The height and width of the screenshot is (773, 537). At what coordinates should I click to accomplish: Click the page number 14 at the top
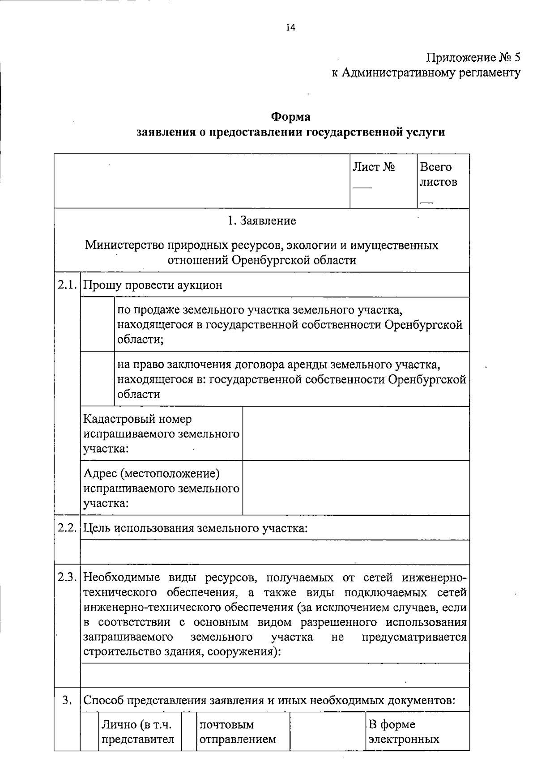pos(290,28)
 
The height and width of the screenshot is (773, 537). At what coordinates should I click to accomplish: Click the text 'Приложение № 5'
pos(473,58)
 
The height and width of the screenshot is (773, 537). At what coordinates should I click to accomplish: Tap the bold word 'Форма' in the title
pos(290,117)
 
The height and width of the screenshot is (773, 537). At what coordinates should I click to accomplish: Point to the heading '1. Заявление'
pos(262,221)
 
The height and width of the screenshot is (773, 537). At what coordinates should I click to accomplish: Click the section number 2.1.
pos(67,285)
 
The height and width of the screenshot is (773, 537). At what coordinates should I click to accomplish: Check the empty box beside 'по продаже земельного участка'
pos(97,324)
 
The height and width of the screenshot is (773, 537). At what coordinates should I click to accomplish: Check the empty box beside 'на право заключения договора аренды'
pos(97,378)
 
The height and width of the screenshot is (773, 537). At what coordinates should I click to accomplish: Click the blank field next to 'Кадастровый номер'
pos(356,433)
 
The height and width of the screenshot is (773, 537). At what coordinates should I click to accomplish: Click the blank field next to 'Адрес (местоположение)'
pos(356,488)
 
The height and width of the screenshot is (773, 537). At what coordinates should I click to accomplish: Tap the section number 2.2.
pos(67,527)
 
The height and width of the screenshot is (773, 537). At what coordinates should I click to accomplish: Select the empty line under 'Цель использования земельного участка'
pos(275,552)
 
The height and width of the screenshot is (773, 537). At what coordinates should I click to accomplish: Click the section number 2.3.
pos(67,577)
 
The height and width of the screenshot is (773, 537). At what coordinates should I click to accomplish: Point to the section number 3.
pos(67,700)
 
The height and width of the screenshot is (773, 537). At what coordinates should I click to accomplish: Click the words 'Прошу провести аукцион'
pos(153,285)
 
